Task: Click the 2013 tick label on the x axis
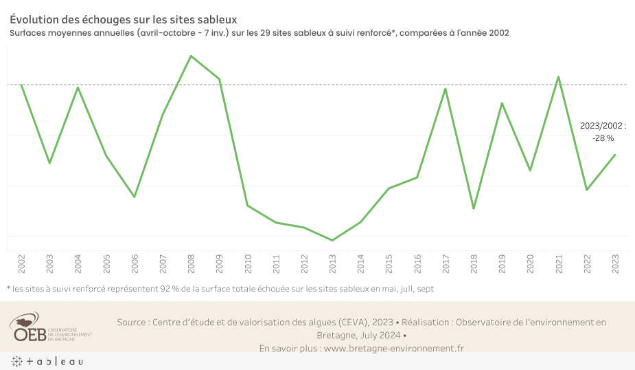pyautogui.click(x=333, y=263)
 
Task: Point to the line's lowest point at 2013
pyautogui.click(x=333, y=240)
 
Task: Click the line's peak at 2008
pyautogui.click(x=191, y=56)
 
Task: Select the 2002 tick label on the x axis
pyautogui.click(x=22, y=263)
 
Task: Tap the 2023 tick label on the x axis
pyautogui.click(x=615, y=263)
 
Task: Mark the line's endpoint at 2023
pyautogui.click(x=615, y=155)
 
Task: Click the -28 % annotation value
pyautogui.click(x=603, y=138)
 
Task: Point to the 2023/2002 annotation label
pyautogui.click(x=603, y=126)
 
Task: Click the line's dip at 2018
pyautogui.click(x=474, y=208)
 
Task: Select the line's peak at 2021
pyautogui.click(x=559, y=76)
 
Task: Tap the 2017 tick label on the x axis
pyautogui.click(x=446, y=263)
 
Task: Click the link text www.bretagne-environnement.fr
pyautogui.click(x=393, y=348)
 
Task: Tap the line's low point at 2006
pyautogui.click(x=135, y=197)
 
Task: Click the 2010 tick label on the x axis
pyautogui.click(x=248, y=263)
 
